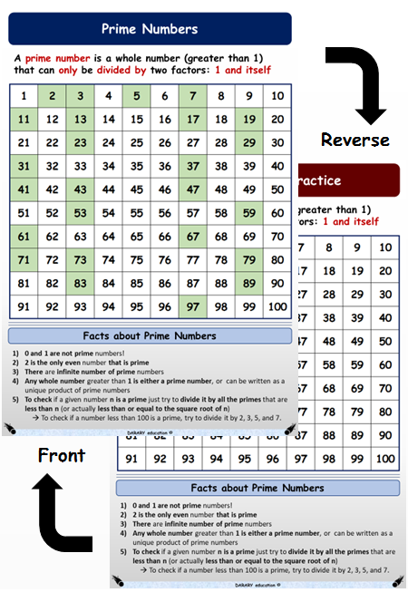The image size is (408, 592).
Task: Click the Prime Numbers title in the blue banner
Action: [x=150, y=29]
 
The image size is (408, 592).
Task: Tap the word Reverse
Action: [x=355, y=140]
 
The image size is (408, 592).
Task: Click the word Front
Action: [x=62, y=454]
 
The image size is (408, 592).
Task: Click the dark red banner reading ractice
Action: [x=349, y=180]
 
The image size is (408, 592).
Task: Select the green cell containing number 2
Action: [x=52, y=95]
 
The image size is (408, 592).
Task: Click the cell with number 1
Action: [x=24, y=95]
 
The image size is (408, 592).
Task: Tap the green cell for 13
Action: [x=80, y=119]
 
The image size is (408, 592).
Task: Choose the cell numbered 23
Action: [x=80, y=142]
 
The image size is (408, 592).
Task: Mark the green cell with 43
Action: [x=80, y=189]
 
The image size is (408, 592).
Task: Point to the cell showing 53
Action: [x=80, y=213]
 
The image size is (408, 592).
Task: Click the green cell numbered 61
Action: [x=24, y=237]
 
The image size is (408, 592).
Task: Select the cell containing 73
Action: [x=80, y=260]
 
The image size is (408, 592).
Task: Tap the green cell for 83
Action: [x=80, y=283]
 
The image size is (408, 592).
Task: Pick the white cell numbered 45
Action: [x=136, y=189]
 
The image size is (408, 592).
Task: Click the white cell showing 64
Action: [x=108, y=237]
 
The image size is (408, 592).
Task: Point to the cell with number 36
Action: [x=164, y=166]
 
